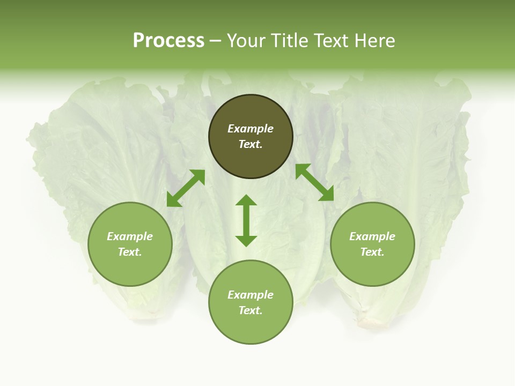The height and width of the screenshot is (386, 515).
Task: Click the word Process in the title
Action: [168, 41]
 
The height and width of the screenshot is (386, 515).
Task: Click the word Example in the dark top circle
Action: [251, 129]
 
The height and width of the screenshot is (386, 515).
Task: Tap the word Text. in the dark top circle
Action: [251, 144]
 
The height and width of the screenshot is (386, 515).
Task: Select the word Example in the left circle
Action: [130, 236]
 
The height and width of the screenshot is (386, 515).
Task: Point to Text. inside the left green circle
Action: [130, 252]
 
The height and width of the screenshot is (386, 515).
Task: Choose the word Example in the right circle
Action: [372, 236]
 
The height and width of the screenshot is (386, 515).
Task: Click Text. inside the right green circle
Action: [372, 252]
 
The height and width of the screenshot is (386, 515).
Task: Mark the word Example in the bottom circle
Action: [251, 295]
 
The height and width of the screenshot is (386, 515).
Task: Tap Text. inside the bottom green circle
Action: [251, 310]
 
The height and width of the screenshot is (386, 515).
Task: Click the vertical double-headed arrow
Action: [246, 220]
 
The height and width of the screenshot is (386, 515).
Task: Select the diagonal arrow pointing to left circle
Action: [186, 188]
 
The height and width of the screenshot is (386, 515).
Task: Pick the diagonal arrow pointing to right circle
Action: [314, 182]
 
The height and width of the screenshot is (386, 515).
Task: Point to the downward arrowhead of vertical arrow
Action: [246, 241]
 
